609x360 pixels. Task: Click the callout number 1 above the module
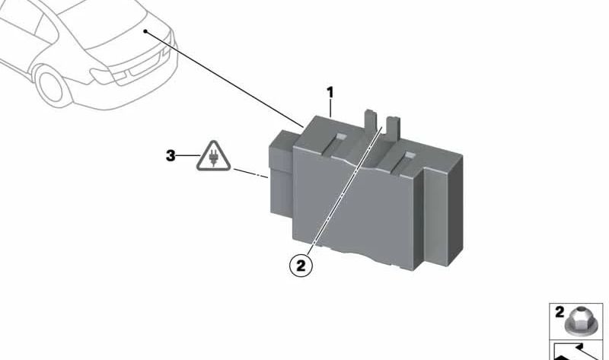[x=330, y=93]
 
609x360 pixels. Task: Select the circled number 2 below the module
[x=301, y=266]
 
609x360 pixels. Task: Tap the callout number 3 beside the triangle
[x=171, y=156]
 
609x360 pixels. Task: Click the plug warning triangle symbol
[x=213, y=156]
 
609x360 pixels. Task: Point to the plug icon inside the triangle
[x=213, y=158]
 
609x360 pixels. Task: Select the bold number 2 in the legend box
[x=560, y=312]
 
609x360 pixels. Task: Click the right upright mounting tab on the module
[x=393, y=128]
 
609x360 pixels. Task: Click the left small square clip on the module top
[x=340, y=137]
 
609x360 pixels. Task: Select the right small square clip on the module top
[x=410, y=156]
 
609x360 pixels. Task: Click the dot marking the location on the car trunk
[x=145, y=31]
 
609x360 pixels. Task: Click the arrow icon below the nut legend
[x=576, y=351]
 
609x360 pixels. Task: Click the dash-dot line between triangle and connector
[x=250, y=174]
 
